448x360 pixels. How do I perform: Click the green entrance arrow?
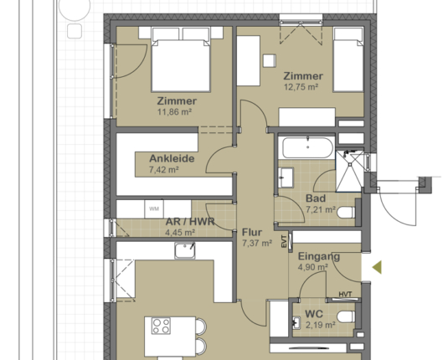(x=377, y=268)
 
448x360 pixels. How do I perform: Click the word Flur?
(x=252, y=233)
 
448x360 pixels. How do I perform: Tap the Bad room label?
(x=315, y=198)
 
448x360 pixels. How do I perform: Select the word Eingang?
(x=318, y=257)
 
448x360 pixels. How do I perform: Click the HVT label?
(x=345, y=294)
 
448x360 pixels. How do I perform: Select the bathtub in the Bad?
(x=306, y=150)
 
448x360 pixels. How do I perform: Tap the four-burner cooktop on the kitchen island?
(x=160, y=325)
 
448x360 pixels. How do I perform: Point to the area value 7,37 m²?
(x=256, y=244)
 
